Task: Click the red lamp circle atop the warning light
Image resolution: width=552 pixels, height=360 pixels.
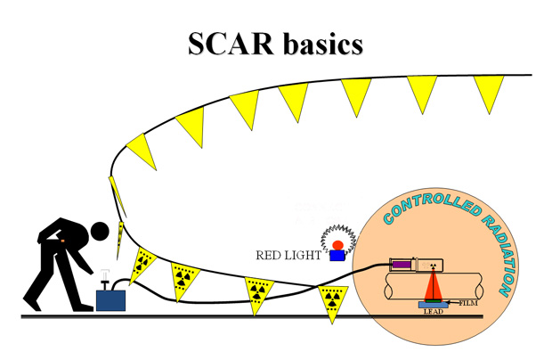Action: [x=337, y=245]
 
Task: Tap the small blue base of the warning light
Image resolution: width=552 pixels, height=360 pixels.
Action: [x=337, y=257]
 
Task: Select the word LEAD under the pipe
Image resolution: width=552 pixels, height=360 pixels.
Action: [x=433, y=313]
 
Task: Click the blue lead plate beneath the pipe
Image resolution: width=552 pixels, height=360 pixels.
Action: [x=434, y=307]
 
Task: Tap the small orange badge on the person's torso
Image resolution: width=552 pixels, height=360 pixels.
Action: [x=63, y=238]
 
